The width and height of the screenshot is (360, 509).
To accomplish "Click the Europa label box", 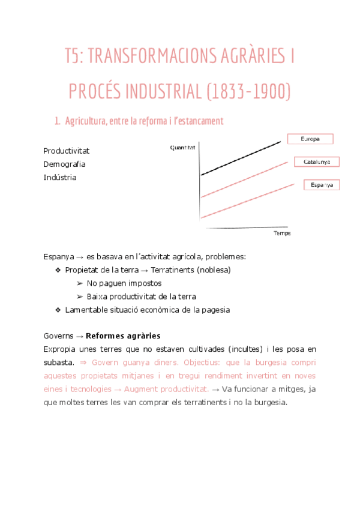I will point(309,139).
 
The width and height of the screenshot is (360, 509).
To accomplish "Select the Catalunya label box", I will point(317,162).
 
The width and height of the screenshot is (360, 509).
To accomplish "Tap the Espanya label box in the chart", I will point(322,185).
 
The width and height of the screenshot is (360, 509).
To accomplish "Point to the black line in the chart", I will point(240,158).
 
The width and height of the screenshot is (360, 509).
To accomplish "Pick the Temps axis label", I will point(282,233).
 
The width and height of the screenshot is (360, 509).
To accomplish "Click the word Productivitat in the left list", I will point(67,151).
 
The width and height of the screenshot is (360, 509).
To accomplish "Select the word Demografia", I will point(64,164).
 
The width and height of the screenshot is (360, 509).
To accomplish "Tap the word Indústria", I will point(60,177).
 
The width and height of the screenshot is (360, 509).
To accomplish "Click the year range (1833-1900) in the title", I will point(248,92).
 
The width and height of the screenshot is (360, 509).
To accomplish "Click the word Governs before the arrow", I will point(58,336).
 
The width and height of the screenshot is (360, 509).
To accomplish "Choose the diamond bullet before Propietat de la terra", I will point(58,270).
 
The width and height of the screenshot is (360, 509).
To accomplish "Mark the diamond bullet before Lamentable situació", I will point(58,310).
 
